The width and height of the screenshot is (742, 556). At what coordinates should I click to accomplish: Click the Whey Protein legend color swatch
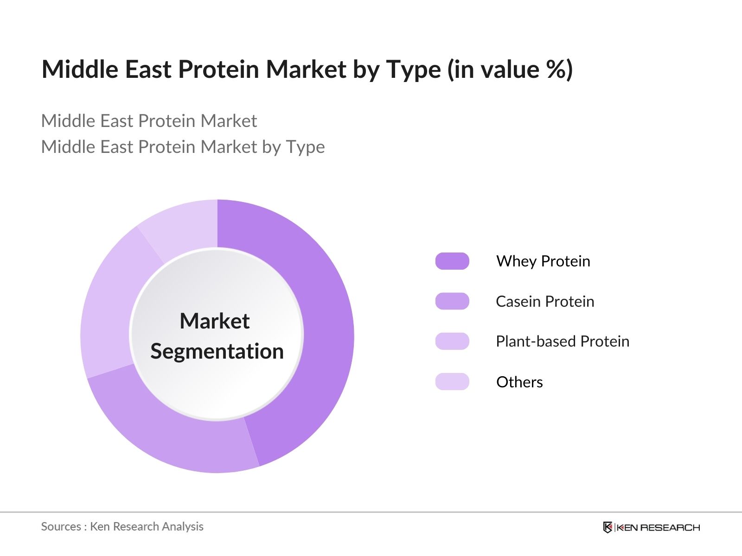point(452,261)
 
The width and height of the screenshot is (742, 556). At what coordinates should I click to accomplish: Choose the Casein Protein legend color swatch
point(452,301)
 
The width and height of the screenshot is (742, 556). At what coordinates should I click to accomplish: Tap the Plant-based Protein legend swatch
point(452,341)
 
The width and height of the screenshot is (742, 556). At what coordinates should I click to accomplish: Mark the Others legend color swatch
point(452,382)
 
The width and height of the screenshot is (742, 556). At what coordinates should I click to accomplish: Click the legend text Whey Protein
point(543,261)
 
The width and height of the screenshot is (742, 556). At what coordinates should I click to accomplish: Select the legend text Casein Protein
point(545,302)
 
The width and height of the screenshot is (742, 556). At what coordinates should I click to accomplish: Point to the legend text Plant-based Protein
point(563,341)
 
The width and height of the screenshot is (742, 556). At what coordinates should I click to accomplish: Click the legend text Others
point(519,382)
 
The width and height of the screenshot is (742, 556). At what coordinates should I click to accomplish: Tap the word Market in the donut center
point(215,321)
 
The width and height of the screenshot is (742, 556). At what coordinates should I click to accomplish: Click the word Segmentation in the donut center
point(217,351)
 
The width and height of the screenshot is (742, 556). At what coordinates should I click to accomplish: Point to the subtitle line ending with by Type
point(183,147)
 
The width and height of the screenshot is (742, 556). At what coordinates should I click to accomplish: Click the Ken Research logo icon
point(608,527)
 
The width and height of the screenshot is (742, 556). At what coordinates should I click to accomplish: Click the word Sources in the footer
point(61,527)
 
